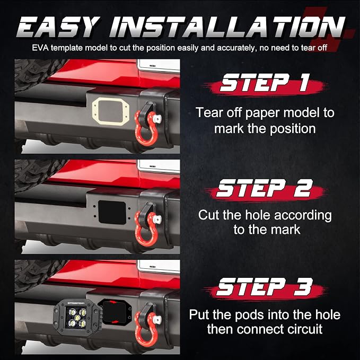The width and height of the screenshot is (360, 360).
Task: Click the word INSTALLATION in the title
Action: click(x=227, y=27)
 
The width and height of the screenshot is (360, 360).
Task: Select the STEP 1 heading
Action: click(x=264, y=83)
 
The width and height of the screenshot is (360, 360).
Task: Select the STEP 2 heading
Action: click(x=265, y=188)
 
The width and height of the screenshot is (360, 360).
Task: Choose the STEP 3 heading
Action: click(x=265, y=286)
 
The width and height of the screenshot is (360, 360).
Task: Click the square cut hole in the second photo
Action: click(x=112, y=212)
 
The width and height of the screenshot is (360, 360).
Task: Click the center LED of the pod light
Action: click(x=76, y=318)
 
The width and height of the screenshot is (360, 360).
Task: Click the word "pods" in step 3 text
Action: click(x=250, y=315)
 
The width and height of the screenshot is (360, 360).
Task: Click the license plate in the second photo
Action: click(x=159, y=166)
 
